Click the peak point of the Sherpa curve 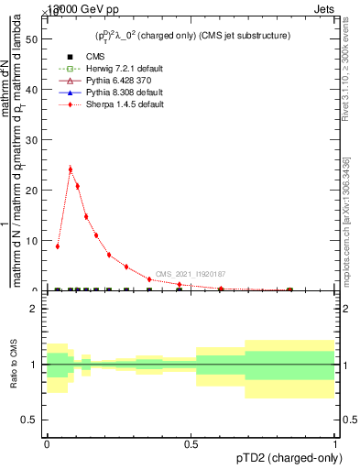point(71,169)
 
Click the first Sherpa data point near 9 point(58,245)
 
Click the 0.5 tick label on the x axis point(191,444)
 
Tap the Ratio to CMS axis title point(14,365)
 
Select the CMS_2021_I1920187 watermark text point(191,274)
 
